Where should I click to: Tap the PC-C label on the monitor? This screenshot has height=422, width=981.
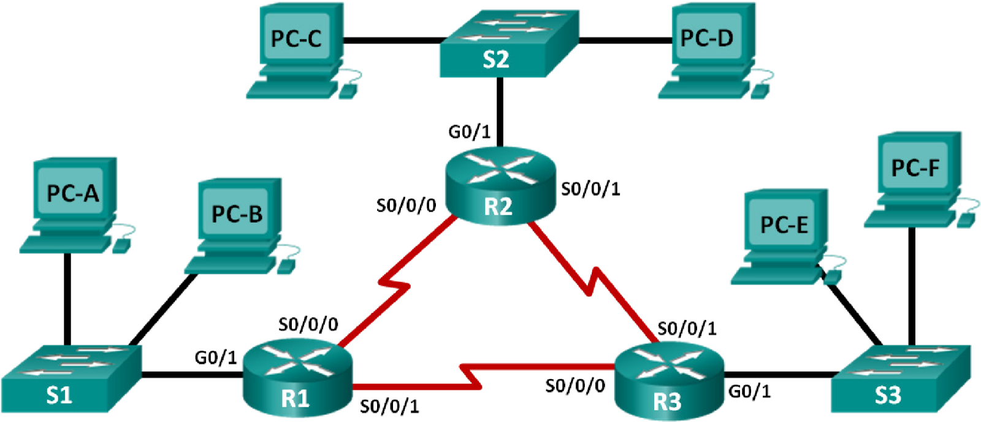296,39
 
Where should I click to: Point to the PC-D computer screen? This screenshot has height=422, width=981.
707,38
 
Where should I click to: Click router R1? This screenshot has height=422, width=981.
297,377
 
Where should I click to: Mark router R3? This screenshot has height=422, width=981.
670,380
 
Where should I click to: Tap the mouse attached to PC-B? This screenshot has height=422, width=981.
286,266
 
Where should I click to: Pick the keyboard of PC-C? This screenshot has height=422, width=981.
291,89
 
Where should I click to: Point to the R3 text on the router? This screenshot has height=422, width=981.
667,402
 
